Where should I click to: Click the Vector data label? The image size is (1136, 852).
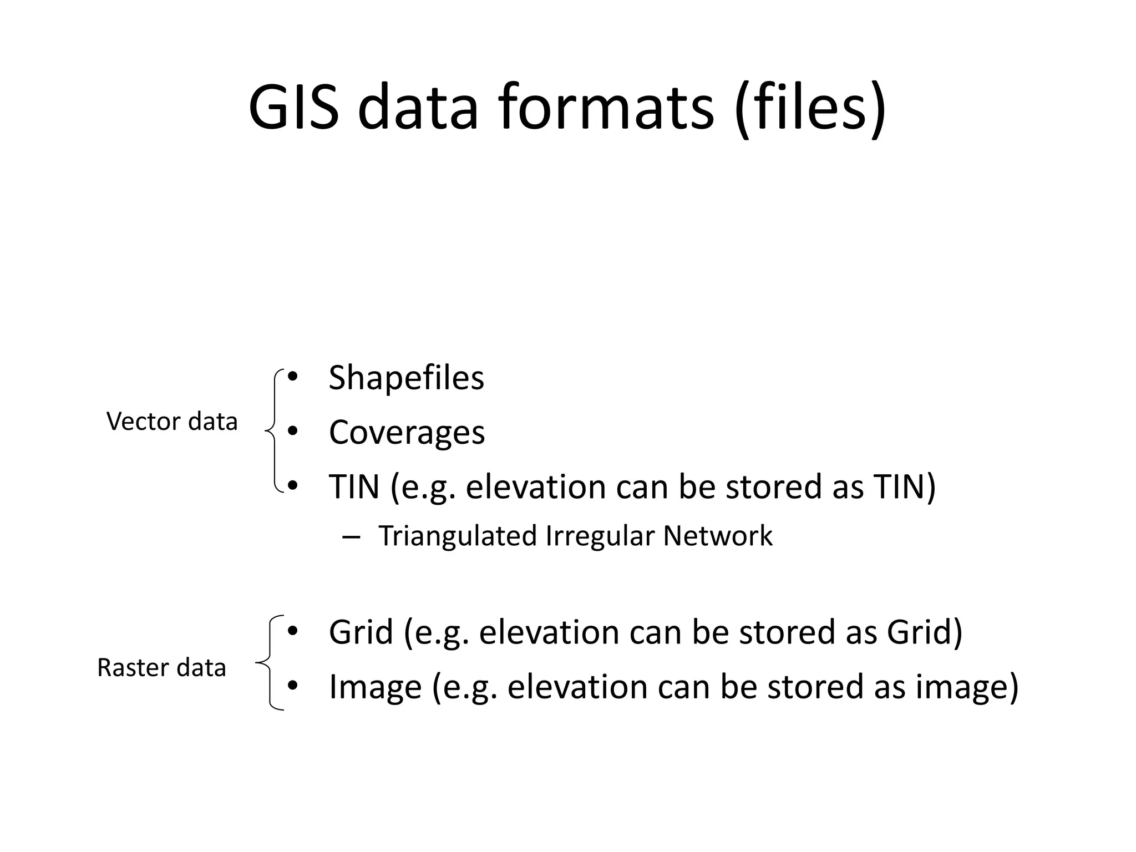coord(172,422)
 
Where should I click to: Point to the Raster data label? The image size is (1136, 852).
coord(161,667)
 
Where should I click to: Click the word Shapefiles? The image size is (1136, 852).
coord(406,378)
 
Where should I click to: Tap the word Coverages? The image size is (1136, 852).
coord(407,432)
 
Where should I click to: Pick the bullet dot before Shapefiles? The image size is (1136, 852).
coord(293,377)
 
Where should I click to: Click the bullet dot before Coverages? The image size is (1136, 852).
coord(293,431)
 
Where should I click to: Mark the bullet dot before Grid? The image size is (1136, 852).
coord(293,631)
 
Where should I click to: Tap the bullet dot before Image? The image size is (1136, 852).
coord(293,686)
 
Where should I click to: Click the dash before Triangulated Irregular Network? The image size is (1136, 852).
coord(352,537)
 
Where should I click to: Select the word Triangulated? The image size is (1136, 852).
coord(458,536)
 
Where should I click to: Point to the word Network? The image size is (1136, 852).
coord(718,536)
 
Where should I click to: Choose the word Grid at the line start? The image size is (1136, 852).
coord(361,632)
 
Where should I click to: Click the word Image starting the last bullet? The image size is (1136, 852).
coord(375,687)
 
